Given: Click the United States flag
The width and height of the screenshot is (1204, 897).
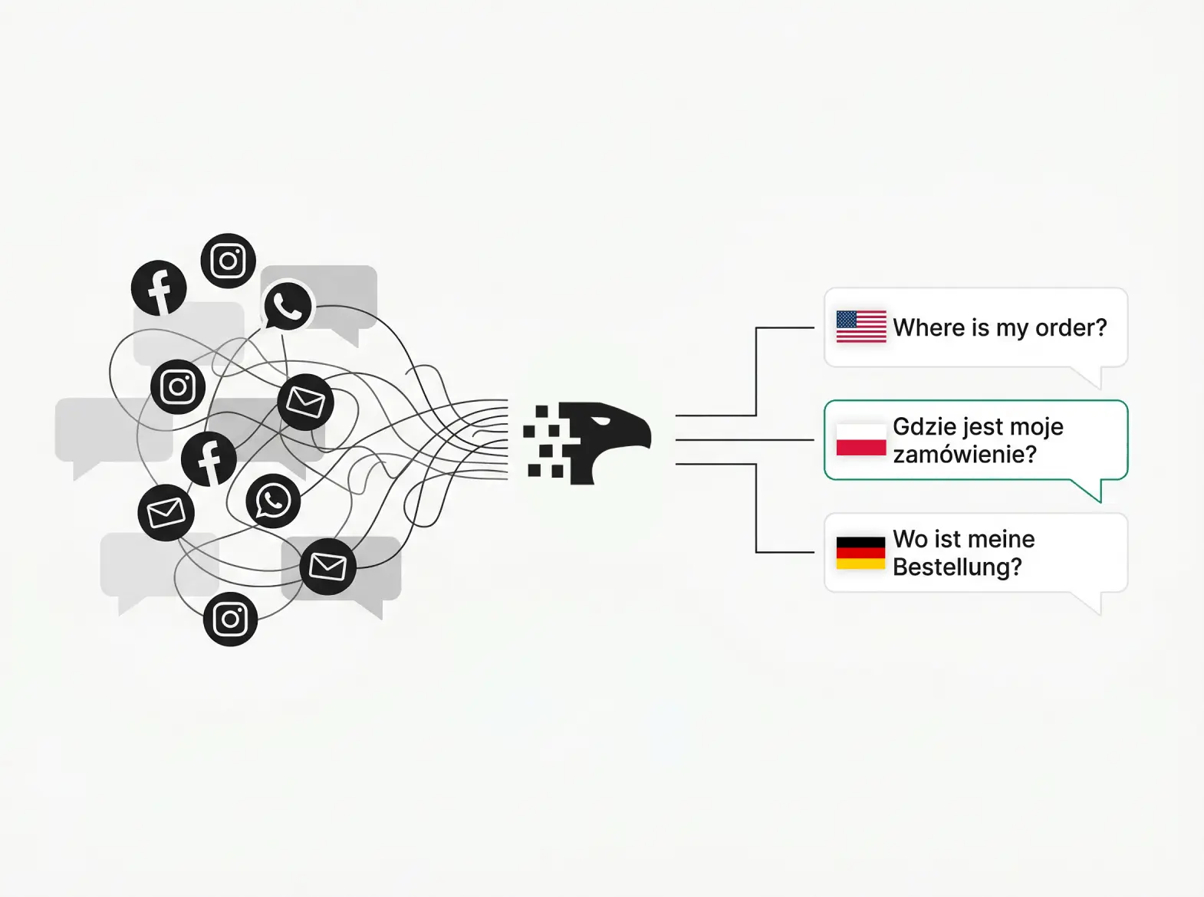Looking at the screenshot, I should (860, 327).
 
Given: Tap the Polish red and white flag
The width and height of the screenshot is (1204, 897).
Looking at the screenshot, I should (860, 440).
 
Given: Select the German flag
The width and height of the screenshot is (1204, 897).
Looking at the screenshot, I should (860, 553).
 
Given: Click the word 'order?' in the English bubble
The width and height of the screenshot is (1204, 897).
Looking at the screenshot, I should (1071, 328).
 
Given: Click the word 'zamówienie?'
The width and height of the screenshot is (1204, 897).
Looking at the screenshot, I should (964, 455).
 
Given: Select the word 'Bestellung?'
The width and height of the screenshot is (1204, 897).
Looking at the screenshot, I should (956, 567).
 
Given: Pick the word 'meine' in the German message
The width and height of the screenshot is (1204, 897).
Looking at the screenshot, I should (1000, 539).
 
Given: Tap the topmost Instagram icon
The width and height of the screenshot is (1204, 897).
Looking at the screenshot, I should (228, 261).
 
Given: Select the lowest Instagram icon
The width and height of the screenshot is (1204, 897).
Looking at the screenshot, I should (230, 619).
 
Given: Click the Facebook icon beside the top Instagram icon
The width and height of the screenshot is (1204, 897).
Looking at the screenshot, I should (159, 288).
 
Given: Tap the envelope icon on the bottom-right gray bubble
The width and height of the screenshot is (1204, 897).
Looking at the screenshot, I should (327, 567).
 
